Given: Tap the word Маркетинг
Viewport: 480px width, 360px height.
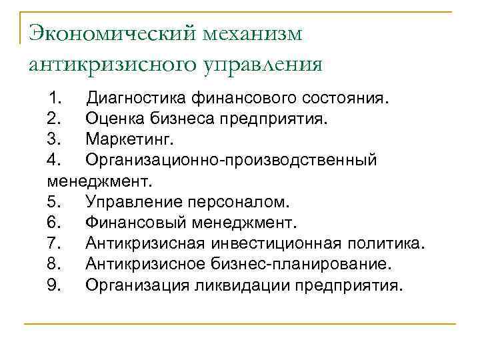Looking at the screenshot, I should [x=129, y=140].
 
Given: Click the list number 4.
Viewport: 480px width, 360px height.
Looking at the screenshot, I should [x=55, y=161].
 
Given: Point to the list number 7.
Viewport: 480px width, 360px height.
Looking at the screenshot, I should [x=55, y=243].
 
